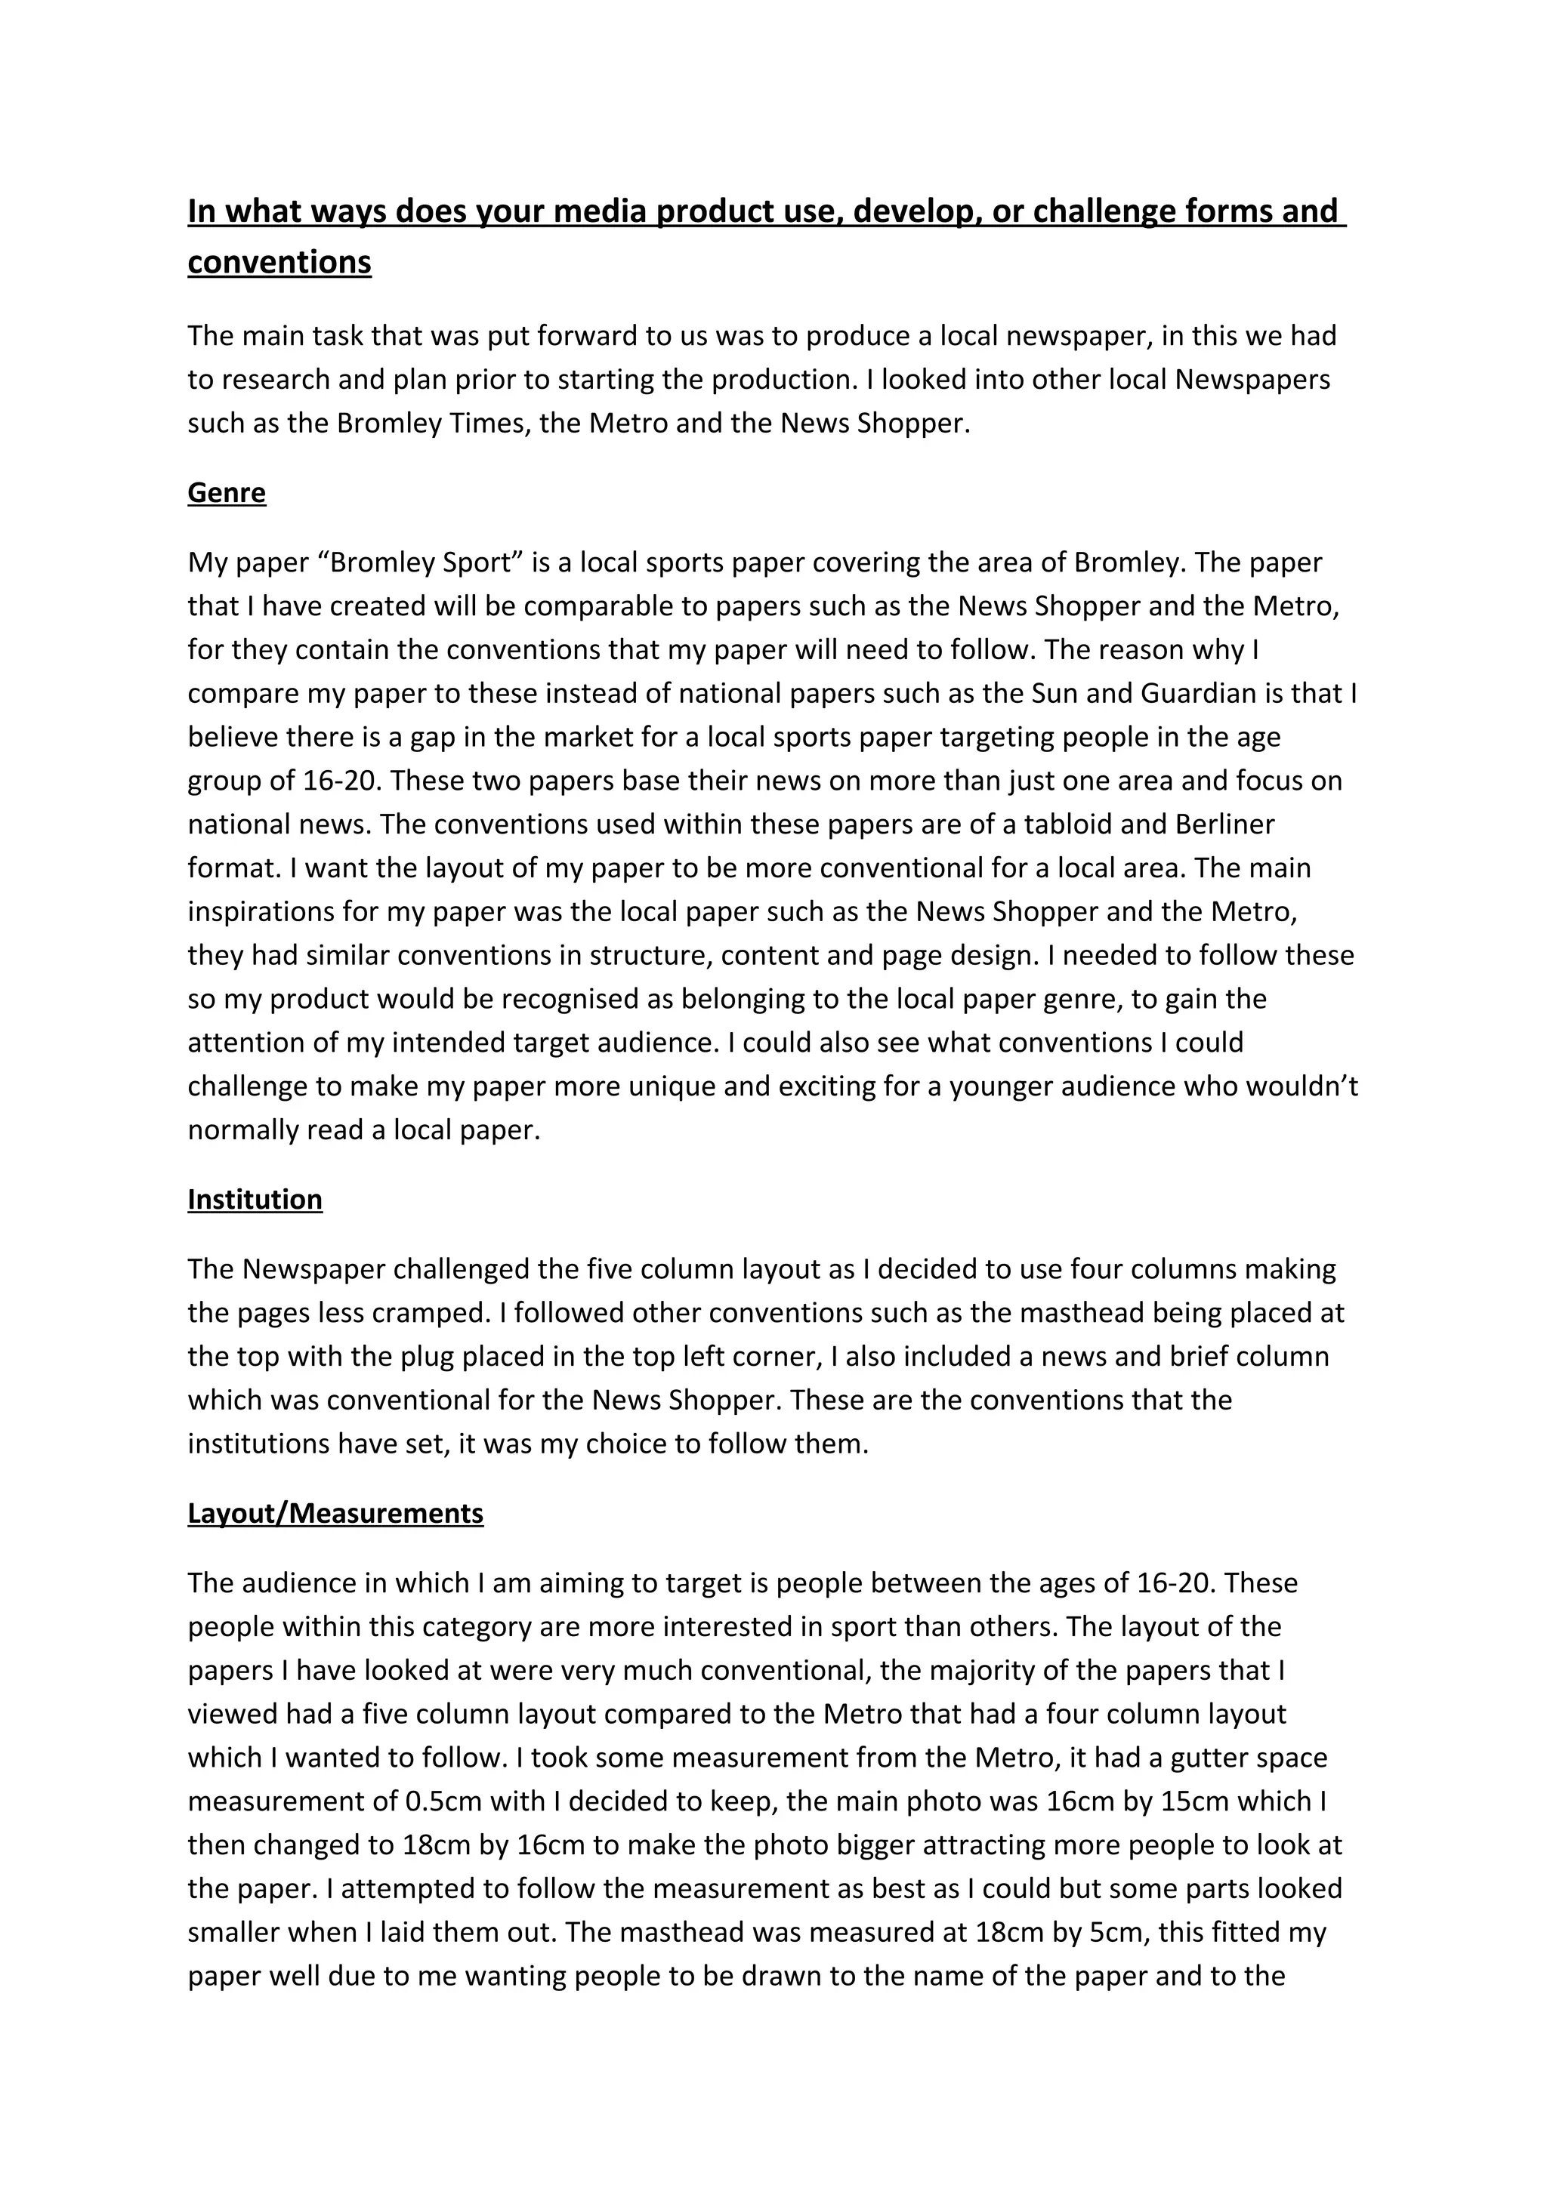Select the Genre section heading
227,493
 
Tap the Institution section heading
255,1199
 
